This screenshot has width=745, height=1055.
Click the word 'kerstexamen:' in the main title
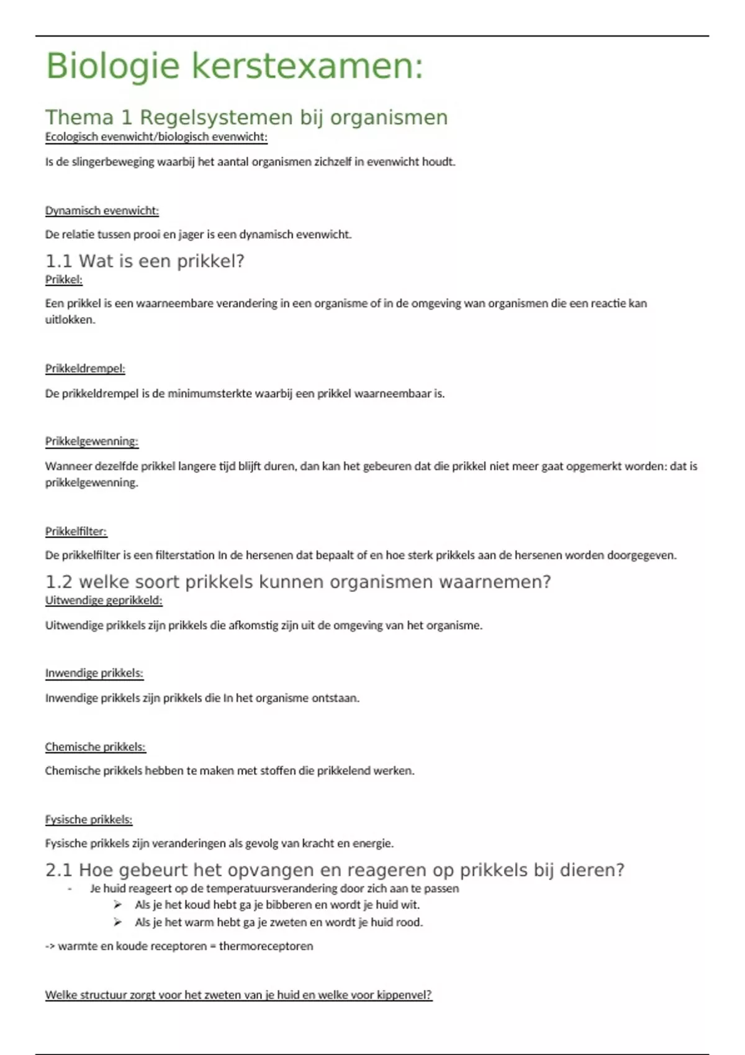(307, 66)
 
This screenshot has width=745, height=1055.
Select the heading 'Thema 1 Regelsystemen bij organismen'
(246, 117)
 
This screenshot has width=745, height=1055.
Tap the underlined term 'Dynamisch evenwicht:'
(102, 211)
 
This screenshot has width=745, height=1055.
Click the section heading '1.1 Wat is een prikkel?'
(145, 261)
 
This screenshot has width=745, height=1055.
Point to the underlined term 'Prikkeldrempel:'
(85, 369)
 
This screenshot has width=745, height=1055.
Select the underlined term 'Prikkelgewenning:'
(91, 441)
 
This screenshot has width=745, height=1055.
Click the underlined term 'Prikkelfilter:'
(76, 531)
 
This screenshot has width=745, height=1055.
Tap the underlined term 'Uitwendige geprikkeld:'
(104, 601)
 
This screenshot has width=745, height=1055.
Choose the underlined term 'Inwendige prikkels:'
(94, 673)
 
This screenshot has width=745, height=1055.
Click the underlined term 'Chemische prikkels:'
(95, 747)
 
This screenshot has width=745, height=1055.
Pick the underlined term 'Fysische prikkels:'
(89, 820)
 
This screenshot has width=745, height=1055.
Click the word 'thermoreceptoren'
(266, 946)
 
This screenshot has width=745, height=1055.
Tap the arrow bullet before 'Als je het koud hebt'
(118, 905)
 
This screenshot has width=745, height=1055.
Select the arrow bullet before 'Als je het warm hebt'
(118, 922)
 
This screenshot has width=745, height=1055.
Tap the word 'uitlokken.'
(70, 320)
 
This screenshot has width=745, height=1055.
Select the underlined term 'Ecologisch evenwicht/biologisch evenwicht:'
(156, 137)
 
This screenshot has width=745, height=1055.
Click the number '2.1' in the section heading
(59, 870)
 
